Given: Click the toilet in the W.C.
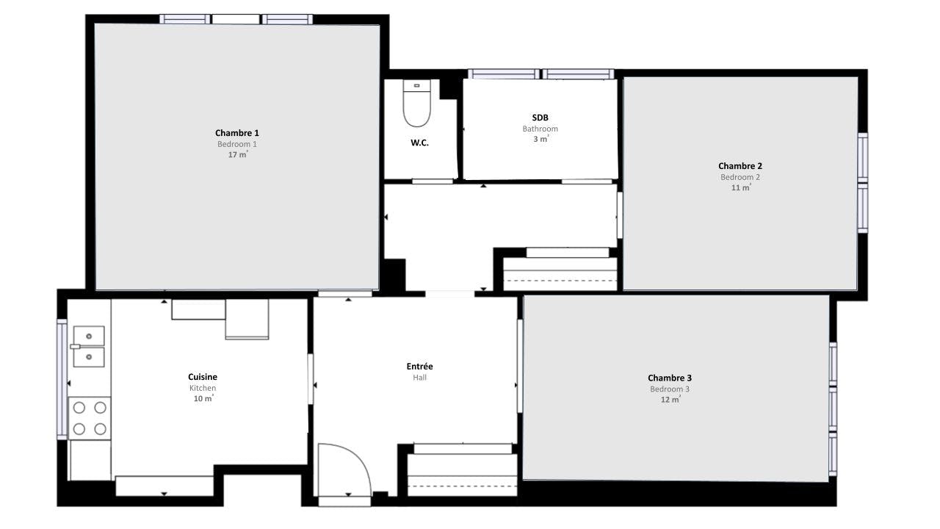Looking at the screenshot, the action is (416, 104).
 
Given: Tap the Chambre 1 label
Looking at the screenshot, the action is (237, 133).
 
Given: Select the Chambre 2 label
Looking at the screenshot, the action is (740, 166).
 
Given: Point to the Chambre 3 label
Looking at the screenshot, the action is (670, 378).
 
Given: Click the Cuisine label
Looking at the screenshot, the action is (203, 377).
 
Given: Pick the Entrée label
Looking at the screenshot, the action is (419, 366).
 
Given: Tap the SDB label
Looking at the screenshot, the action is (540, 118).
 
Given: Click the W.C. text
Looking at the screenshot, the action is (419, 143).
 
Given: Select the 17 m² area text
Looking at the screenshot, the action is (238, 154).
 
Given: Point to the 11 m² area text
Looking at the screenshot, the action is (741, 187).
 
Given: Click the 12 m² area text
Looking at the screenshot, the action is (670, 399).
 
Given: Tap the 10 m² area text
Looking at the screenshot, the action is (203, 398).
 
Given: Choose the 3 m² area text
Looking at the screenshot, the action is (541, 139).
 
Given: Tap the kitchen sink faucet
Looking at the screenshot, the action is (75, 346).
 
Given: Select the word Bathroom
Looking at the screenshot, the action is (540, 129).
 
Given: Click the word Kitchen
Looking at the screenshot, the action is (203, 388).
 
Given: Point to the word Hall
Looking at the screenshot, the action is (419, 378).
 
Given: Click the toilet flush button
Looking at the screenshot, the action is (416, 86).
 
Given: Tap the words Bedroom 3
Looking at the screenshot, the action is (670, 389).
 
